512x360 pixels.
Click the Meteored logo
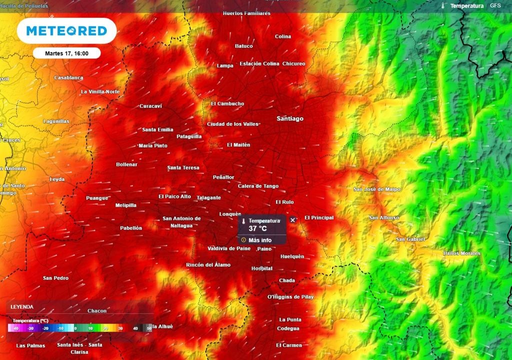tap(66, 31)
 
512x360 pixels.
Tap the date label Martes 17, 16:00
tap(66, 53)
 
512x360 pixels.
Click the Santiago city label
tap(290, 118)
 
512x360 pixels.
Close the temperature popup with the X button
tap(293, 220)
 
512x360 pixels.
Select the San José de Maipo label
tap(376, 189)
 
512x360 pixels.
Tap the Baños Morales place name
tap(461, 253)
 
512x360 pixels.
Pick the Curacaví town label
tap(150, 106)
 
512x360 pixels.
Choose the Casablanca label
tap(68, 78)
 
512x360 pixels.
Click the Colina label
tap(283, 36)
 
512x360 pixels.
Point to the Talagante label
tap(208, 197)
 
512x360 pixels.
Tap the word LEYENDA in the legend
tap(22, 306)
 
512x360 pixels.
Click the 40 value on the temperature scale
tap(135, 328)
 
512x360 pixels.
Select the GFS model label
tap(495, 6)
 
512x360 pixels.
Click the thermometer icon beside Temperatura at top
tap(443, 6)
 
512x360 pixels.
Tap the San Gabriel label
tap(410, 239)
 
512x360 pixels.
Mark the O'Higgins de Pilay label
tap(290, 297)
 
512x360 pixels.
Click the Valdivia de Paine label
tap(229, 248)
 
